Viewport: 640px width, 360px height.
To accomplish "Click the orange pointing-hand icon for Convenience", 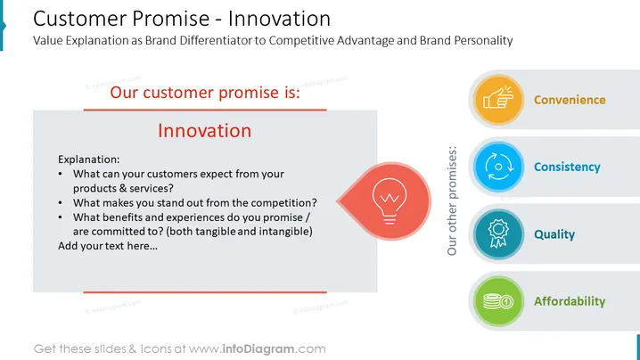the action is [x=498, y=99].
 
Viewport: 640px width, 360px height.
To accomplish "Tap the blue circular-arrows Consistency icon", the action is [x=498, y=167].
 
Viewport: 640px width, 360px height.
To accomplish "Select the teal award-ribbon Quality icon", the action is [x=498, y=233].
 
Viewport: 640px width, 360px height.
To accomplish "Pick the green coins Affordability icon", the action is [x=498, y=301].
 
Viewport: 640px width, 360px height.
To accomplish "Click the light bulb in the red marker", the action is [x=390, y=200].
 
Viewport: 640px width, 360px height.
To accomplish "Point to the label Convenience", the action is [x=570, y=100].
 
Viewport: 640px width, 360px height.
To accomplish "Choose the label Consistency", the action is [x=567, y=167].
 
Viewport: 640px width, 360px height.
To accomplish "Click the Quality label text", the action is [x=554, y=234].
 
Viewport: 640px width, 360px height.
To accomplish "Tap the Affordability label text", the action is [x=570, y=301].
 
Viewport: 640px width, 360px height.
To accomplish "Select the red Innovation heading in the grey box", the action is [x=204, y=131].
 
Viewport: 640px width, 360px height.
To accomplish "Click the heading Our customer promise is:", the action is [x=205, y=93].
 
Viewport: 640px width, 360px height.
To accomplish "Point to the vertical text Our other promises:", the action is [x=452, y=200].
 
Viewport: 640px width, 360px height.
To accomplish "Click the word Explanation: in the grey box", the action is [x=88, y=160].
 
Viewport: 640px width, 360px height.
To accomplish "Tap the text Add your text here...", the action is [x=107, y=246].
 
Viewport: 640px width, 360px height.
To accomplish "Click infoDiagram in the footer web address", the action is [x=258, y=349].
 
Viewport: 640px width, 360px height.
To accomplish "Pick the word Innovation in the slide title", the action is [x=279, y=19].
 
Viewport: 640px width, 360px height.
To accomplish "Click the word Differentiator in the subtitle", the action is [x=216, y=40].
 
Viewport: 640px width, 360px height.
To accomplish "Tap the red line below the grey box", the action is [x=205, y=292].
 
